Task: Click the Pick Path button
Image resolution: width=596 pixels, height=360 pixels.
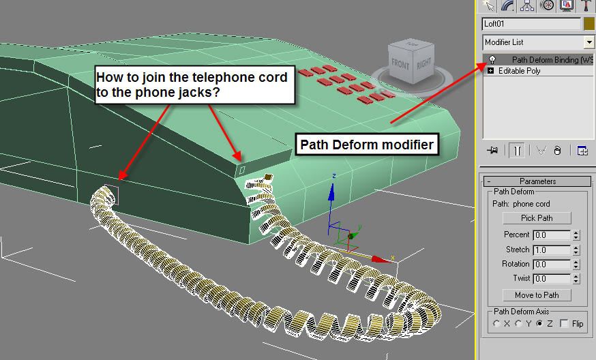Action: click(x=537, y=218)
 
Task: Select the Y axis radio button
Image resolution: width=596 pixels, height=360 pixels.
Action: click(x=519, y=324)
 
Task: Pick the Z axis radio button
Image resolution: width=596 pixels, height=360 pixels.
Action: click(x=541, y=324)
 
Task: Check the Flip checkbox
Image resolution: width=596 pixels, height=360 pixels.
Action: click(x=563, y=324)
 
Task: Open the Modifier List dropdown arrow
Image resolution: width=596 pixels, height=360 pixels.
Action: click(x=589, y=42)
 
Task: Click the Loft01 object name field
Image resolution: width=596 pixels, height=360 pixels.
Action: click(x=531, y=23)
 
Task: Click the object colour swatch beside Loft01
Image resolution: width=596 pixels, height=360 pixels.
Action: click(x=590, y=23)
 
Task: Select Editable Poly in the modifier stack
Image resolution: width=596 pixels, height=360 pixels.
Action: click(x=520, y=71)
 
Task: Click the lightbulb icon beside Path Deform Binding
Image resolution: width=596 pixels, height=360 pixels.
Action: click(x=491, y=60)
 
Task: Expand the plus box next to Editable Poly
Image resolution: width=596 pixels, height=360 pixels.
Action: click(x=491, y=71)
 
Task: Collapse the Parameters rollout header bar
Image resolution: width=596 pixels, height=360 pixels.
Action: click(x=537, y=181)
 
